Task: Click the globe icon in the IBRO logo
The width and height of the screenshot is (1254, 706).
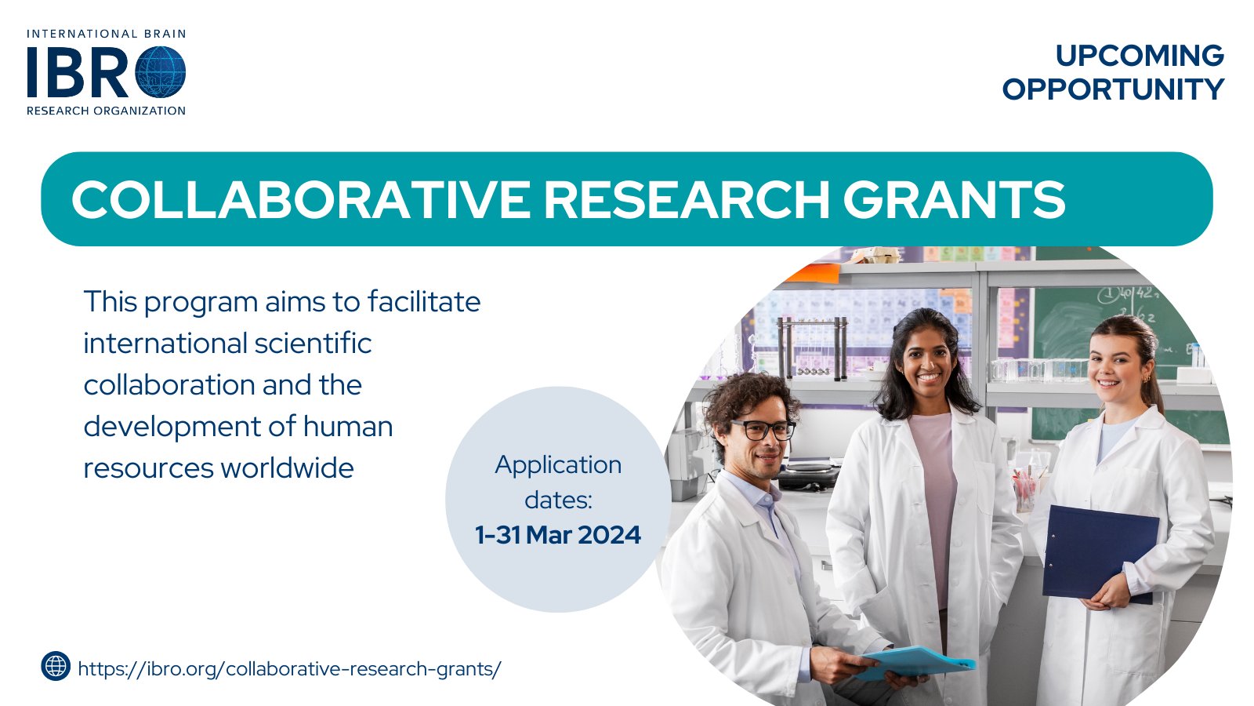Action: [161, 72]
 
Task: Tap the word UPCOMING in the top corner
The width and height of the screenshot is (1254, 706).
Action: [1140, 56]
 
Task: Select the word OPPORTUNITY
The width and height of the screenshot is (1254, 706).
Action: [1114, 89]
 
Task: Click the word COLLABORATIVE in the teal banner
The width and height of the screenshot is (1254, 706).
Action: [301, 199]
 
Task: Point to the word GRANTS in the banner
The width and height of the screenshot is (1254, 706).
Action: [954, 199]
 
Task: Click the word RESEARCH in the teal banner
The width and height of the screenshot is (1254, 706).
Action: [687, 199]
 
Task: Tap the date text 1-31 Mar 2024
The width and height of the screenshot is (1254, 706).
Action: [558, 535]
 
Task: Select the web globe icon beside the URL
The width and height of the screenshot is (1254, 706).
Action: [56, 666]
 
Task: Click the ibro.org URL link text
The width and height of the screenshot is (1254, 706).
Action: [289, 669]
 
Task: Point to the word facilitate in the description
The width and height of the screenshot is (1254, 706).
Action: [424, 302]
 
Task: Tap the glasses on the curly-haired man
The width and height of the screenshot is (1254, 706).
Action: [763, 430]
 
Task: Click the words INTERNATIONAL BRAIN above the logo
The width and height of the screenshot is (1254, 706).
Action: [107, 35]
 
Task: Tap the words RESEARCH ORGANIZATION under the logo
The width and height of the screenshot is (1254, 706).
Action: [106, 111]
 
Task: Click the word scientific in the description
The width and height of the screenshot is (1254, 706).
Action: [313, 344]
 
